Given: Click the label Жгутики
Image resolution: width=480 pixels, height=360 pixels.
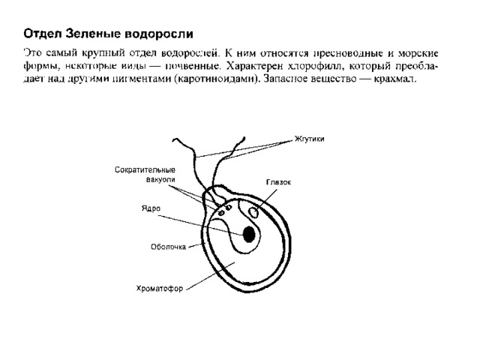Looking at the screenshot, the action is [309, 139].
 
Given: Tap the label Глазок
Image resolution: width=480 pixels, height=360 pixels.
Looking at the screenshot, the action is [278, 182].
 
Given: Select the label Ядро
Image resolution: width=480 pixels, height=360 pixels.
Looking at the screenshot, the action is [151, 208].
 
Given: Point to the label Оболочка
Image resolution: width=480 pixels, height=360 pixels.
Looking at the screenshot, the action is [168, 247].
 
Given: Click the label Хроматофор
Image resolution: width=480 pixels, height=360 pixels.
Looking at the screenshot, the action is [160, 288].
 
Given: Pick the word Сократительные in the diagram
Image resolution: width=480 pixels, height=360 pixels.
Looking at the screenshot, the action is [145, 170].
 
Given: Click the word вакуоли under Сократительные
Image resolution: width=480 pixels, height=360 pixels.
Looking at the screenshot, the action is [160, 180].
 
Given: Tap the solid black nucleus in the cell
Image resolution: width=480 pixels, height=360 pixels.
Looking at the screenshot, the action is [249, 235].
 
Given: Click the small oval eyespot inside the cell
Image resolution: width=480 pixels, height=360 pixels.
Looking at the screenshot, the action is [253, 213].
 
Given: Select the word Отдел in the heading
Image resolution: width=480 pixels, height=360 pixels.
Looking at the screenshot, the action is [43, 34].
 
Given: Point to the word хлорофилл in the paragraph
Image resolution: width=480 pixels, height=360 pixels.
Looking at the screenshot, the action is [314, 66].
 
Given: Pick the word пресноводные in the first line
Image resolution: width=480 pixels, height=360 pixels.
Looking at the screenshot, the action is [348, 53].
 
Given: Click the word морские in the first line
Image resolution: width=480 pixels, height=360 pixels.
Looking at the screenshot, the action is [418, 53].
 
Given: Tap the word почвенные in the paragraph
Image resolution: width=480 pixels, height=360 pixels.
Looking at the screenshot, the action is [193, 66].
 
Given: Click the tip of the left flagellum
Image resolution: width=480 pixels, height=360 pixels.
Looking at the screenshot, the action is [173, 140].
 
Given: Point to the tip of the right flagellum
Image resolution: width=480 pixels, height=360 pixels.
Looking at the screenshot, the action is [244, 137].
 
